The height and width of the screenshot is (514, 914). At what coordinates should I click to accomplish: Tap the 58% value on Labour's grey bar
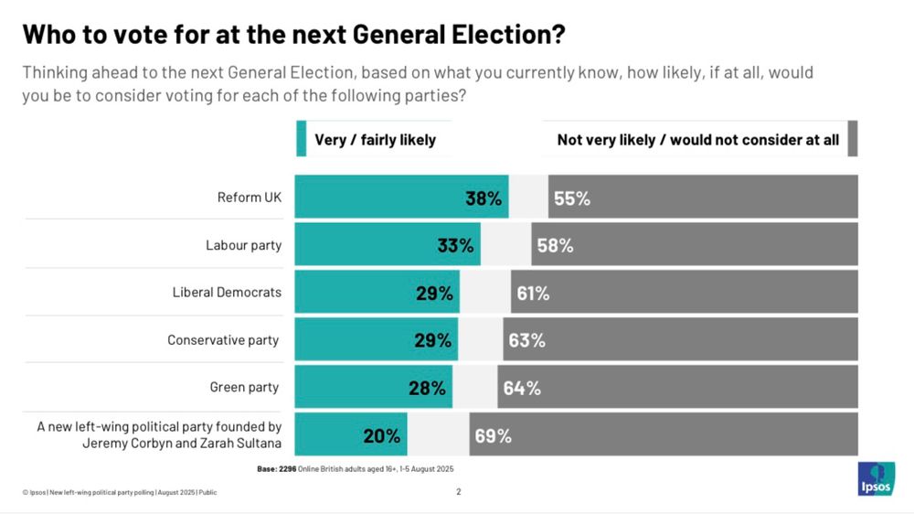point(555,245)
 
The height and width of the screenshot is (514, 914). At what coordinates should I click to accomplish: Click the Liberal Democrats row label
point(227,293)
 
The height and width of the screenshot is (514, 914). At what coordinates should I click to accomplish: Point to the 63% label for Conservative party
point(526,340)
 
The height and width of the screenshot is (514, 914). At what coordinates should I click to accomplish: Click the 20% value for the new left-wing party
point(381,435)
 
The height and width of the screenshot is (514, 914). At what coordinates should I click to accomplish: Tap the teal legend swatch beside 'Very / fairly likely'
point(301,140)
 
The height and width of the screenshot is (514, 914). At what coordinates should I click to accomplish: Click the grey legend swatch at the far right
point(852,140)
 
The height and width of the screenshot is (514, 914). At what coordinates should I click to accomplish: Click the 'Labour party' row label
point(243,245)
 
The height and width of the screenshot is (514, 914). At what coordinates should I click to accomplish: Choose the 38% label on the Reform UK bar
point(484,198)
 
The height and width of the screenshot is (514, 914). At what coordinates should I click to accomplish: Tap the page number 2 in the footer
point(459,492)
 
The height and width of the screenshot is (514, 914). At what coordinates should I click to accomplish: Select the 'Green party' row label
point(244,387)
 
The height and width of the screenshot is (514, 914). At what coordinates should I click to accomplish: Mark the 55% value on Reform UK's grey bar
point(571,198)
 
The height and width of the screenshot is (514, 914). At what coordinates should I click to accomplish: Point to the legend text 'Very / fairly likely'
point(375,140)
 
